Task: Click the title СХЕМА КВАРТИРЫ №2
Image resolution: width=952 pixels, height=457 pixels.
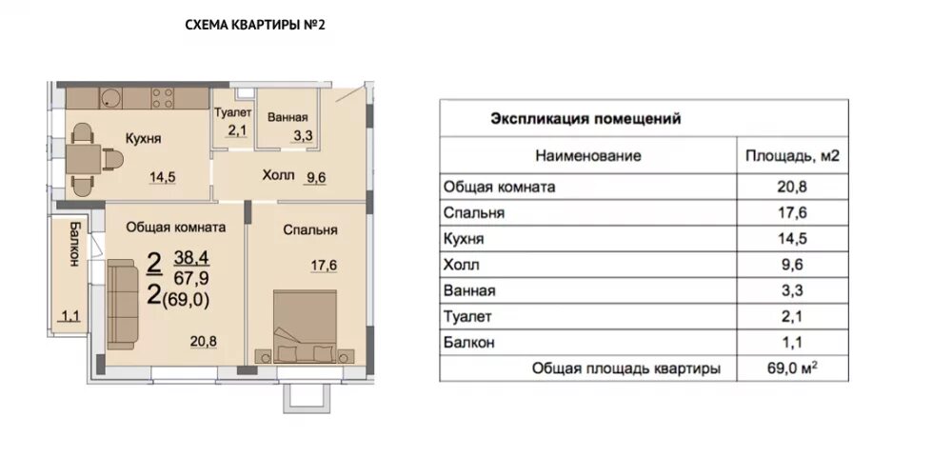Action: click(255, 25)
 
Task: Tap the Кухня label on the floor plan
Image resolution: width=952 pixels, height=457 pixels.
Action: click(144, 138)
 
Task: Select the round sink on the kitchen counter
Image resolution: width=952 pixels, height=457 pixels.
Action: click(110, 98)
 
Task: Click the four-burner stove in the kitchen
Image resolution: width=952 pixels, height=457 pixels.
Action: click(162, 98)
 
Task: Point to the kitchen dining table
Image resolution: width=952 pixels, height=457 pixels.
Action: click(83, 160)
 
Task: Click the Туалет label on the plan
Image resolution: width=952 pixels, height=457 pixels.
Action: click(233, 112)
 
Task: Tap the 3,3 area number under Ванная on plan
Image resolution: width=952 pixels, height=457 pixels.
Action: click(303, 136)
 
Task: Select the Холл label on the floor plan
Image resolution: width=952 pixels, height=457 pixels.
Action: click(278, 175)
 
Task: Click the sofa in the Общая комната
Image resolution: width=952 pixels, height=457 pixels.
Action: click(122, 305)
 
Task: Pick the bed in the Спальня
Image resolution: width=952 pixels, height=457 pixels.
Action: click(305, 327)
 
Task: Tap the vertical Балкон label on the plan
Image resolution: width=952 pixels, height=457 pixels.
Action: click(74, 246)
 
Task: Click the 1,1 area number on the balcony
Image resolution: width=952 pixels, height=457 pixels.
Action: click(70, 315)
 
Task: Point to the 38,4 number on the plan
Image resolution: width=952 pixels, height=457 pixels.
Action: click(191, 258)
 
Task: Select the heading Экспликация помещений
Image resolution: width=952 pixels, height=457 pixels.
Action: click(585, 118)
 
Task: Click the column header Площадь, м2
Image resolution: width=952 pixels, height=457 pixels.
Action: click(792, 156)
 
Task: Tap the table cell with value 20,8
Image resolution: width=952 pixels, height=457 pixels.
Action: click(792, 187)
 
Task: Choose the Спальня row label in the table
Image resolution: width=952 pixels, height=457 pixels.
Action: click(473, 213)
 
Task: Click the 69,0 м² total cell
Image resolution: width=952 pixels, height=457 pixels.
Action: click(792, 368)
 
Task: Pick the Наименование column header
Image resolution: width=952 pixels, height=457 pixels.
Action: click(587, 156)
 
